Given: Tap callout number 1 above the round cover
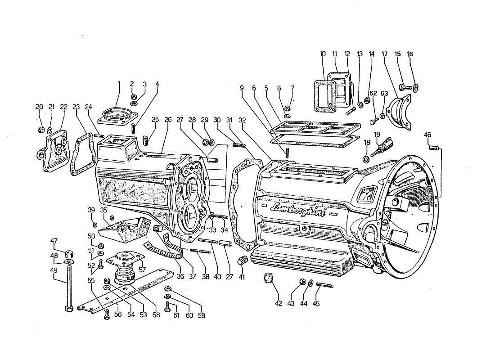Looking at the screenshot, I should click(x=119, y=84).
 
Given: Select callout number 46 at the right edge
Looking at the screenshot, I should click(x=427, y=135).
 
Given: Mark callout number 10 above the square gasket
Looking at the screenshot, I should click(x=323, y=54).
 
